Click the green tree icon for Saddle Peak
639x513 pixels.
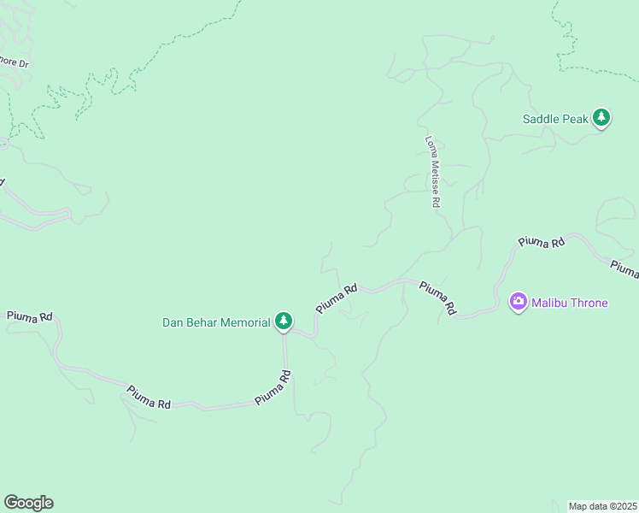[x=601, y=118]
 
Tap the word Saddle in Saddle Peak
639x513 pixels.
[x=541, y=119]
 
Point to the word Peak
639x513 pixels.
[x=575, y=119]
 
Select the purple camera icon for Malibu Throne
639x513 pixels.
[x=518, y=302]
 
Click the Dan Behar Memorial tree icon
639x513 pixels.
[x=284, y=322]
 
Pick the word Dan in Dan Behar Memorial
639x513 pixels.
[x=173, y=322]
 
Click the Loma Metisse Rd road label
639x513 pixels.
[x=433, y=172]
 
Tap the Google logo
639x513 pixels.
[x=28, y=503]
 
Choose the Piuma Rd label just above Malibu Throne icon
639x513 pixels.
[x=542, y=243]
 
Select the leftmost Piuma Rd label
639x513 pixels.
[x=29, y=316]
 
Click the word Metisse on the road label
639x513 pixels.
[x=435, y=176]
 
